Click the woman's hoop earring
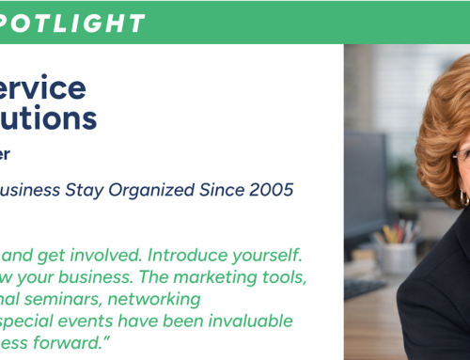tap(463, 197)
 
